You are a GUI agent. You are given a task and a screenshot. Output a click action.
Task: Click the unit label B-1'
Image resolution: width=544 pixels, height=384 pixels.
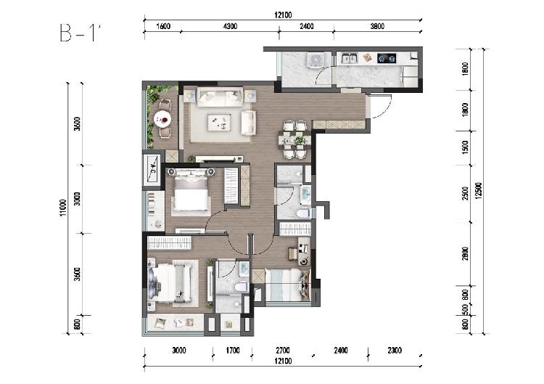click(x=80, y=33)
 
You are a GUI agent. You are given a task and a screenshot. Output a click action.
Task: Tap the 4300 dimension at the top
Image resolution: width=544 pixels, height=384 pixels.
click(x=230, y=26)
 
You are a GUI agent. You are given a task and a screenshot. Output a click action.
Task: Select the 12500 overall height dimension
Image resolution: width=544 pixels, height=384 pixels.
click(x=479, y=191)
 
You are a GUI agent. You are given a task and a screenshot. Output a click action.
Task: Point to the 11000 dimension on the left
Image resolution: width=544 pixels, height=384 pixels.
click(x=63, y=208)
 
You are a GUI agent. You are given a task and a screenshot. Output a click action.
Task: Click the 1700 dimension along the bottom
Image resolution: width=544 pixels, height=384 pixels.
click(x=233, y=351)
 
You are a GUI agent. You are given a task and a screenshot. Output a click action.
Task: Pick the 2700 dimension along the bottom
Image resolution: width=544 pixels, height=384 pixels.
click(x=283, y=351)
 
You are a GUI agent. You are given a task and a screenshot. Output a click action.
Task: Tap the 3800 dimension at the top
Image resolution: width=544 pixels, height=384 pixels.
click(x=377, y=26)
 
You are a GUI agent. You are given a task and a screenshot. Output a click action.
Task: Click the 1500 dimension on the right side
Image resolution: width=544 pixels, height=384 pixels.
click(x=466, y=147)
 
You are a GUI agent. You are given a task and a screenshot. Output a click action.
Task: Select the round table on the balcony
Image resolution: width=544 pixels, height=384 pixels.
click(x=162, y=119)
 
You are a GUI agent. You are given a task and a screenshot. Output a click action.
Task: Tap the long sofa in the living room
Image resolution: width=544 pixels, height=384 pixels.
click(x=220, y=97)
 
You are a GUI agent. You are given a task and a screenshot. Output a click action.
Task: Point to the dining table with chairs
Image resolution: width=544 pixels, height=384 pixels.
click(x=294, y=139)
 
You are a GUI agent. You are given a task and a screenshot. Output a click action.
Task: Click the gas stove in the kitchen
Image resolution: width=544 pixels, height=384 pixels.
click(x=387, y=58)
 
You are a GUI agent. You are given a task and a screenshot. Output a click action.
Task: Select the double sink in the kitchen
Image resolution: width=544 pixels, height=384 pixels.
click(x=350, y=58)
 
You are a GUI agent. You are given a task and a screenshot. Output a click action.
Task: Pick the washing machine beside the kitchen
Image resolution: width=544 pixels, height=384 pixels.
click(x=316, y=60)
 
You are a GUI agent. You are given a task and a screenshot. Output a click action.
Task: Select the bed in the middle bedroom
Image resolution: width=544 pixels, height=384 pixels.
click(x=191, y=193)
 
